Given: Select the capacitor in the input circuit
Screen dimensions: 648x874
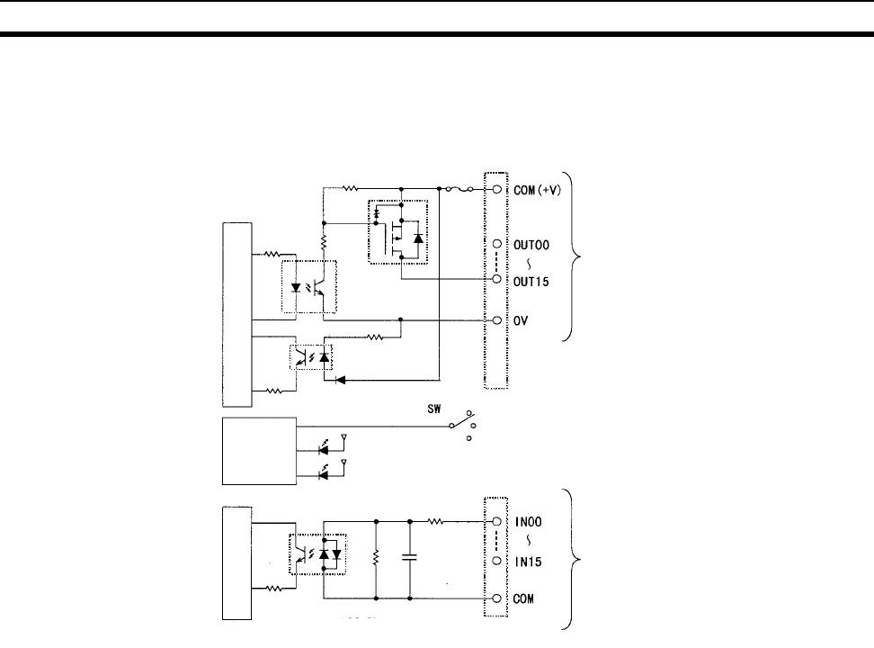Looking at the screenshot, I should coord(410,558).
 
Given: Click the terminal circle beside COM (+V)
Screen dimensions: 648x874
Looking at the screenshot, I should coord(495,190).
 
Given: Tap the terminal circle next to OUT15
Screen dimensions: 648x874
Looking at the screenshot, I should coord(495,280).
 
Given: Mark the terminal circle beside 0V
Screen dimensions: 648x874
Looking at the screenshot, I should coord(495,320).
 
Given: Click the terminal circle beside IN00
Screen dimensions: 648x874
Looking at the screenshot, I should coord(495,520).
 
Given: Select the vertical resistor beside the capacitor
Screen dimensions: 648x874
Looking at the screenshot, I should coord(375,558).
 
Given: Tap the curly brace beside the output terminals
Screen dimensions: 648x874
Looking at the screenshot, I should coord(577,257).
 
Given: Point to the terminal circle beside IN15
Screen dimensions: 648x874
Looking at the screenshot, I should coord(495,561).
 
